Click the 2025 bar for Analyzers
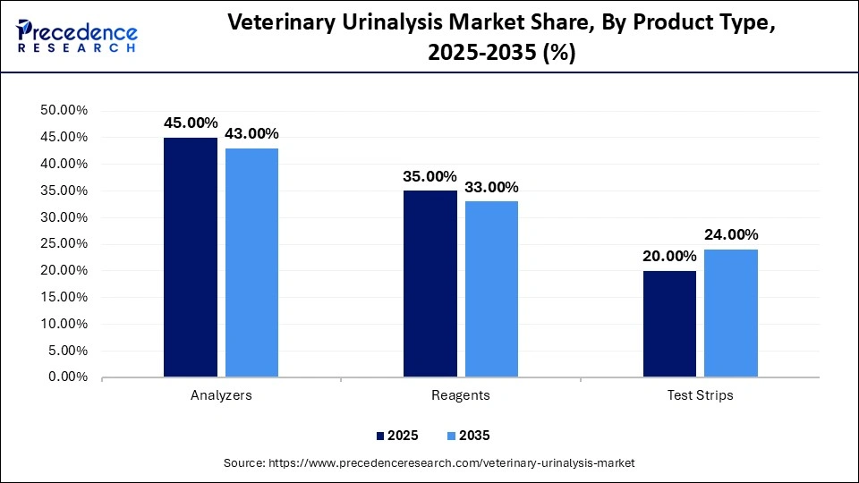[191, 258]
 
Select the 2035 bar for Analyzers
[251, 263]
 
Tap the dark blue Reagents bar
[430, 284]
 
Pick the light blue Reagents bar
[491, 289]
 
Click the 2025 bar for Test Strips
[670, 324]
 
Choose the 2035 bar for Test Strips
[731, 313]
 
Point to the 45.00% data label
[191, 123]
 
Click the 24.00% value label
[731, 234]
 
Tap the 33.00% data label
[491, 187]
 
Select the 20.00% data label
[670, 256]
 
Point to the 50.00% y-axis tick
[64, 111]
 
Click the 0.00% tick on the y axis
[68, 377]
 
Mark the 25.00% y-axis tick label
[64, 244]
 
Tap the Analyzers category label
[221, 395]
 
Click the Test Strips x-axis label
[701, 395]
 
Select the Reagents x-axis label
[461, 395]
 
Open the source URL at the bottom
[429, 463]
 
